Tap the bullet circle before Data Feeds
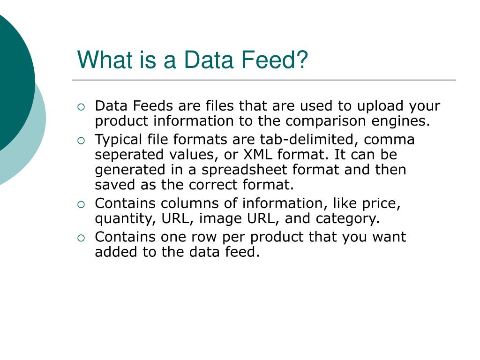(81, 107)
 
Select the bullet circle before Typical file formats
(81, 140)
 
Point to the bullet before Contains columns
(81, 204)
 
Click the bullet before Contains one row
(81, 238)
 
